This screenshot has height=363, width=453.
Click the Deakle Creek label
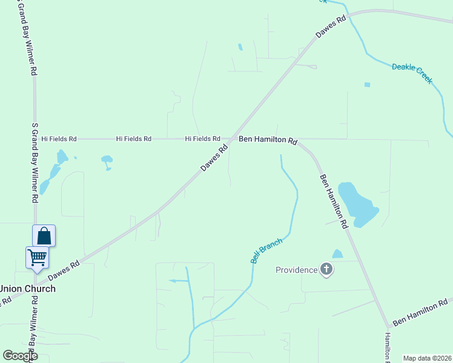[x=412, y=73]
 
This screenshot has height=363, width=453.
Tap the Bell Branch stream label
[x=266, y=251]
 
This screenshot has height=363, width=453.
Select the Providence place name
[x=296, y=270]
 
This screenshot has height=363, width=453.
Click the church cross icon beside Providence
[x=326, y=269]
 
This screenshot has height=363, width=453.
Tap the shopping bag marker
[x=44, y=235]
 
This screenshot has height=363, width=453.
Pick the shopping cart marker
[x=37, y=257]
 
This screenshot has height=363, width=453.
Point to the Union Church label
[x=27, y=289]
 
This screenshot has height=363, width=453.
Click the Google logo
[x=20, y=355]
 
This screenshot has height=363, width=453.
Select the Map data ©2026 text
[x=426, y=358]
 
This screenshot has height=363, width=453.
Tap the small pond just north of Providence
[x=337, y=254]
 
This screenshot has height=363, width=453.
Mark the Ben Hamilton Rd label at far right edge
[x=420, y=313]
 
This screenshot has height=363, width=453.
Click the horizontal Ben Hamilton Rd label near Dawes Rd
[x=268, y=140]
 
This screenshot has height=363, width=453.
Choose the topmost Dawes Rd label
[x=331, y=28]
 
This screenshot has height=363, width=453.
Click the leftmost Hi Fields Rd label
[x=59, y=139]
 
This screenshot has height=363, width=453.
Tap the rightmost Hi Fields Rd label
[x=202, y=139]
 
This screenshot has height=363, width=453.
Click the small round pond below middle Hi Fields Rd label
[x=107, y=162]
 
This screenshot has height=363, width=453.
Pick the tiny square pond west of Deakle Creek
[x=367, y=85]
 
